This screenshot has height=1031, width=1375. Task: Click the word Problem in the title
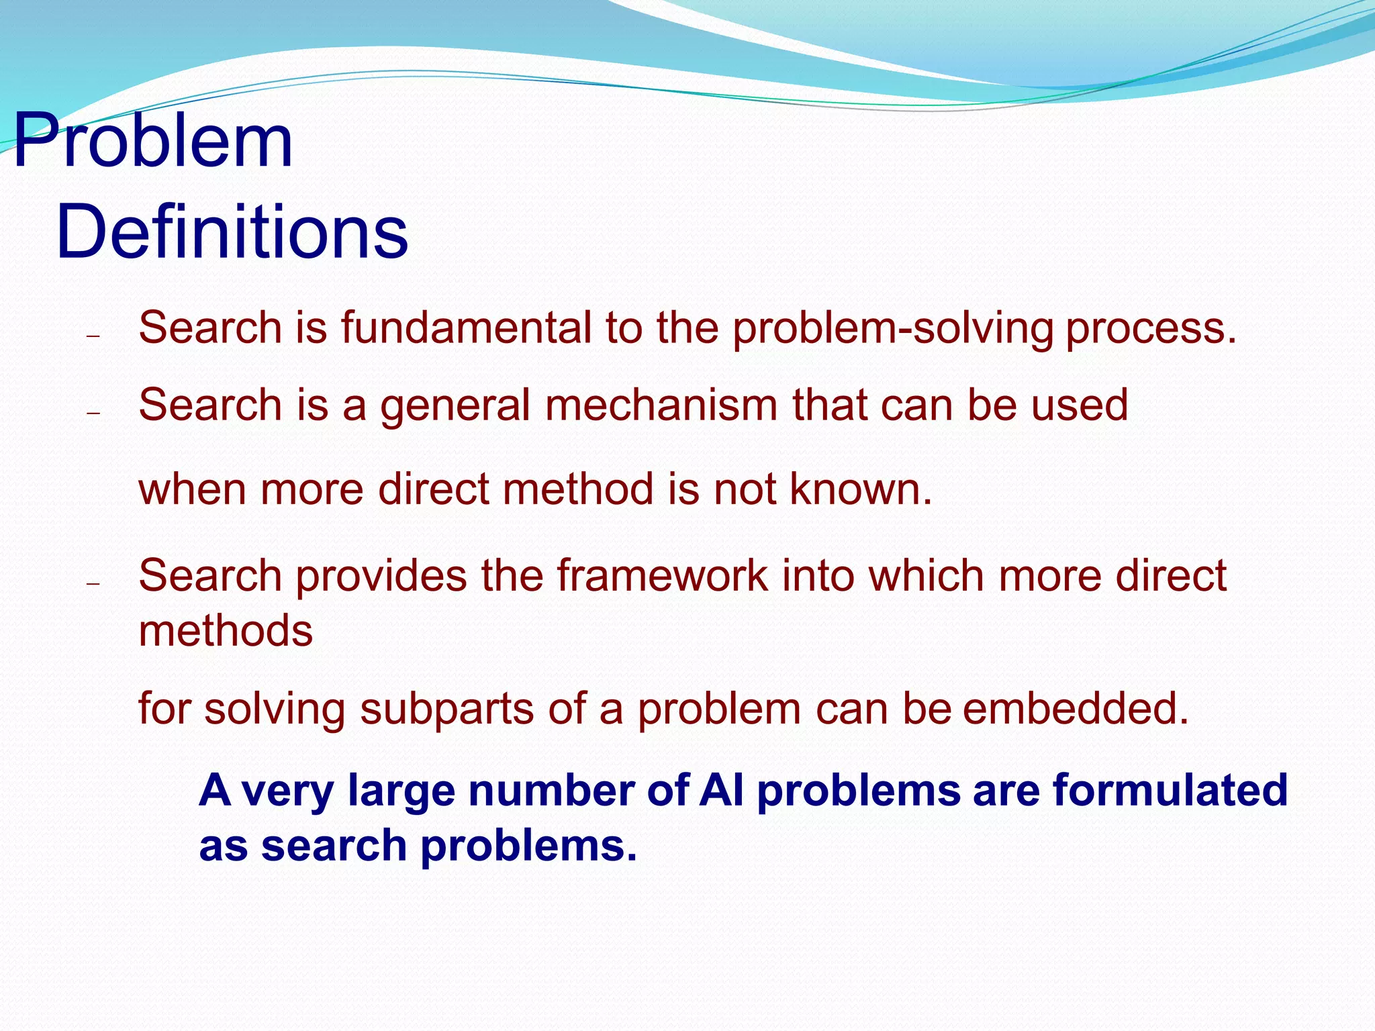(x=153, y=141)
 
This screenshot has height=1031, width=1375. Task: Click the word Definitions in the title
(x=232, y=232)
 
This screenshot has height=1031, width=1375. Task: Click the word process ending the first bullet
(x=1150, y=329)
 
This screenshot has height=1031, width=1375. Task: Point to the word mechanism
(x=661, y=405)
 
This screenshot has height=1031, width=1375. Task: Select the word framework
(x=662, y=576)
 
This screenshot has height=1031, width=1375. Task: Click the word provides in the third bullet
(x=381, y=576)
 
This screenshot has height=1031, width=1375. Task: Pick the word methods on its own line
(x=226, y=631)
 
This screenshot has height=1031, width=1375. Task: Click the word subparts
(x=446, y=709)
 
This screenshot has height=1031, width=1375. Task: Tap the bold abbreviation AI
(x=722, y=789)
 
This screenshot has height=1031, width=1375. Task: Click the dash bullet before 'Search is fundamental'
(x=93, y=335)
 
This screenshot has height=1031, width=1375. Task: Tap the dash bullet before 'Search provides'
(x=93, y=583)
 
